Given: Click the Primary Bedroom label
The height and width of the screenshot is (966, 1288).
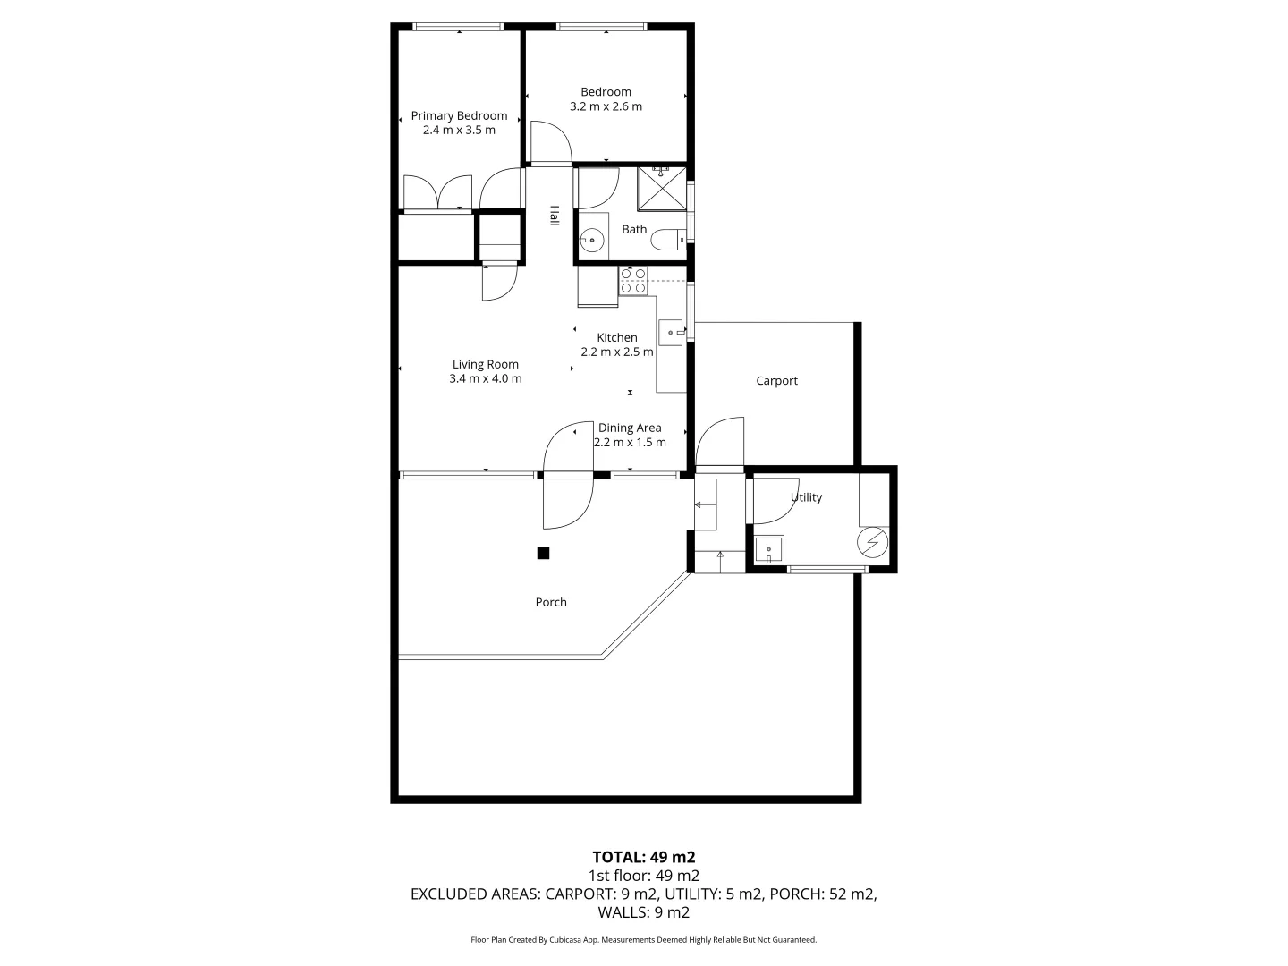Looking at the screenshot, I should coord(459,115).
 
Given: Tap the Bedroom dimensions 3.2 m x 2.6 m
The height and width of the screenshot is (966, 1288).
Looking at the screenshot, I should coord(606,106).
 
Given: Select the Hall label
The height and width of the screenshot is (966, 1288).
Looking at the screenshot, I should coord(555,216).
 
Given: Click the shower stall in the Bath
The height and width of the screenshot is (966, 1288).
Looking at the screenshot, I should coord(661,188).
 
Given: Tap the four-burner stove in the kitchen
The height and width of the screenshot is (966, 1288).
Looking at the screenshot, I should coord(633,281).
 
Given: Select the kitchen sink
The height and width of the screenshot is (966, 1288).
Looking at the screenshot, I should coord(671,332).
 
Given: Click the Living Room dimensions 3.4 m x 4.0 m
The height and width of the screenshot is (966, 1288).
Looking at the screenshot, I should coord(485,378).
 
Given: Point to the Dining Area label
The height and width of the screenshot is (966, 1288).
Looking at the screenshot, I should coord(630,428).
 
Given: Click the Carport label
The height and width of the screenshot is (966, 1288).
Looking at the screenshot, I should coord(776,381).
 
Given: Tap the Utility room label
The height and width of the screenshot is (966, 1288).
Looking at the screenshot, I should coord(806,497).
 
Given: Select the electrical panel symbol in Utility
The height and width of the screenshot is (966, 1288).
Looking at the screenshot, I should coord(871,543).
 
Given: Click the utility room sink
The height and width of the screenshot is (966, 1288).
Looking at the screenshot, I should coord(769,549).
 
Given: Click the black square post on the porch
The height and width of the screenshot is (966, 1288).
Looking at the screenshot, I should coord(543,554).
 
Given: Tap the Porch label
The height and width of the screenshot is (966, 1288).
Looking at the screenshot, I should coord(551,602).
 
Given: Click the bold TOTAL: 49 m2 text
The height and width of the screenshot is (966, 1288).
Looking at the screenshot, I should coord(644,857).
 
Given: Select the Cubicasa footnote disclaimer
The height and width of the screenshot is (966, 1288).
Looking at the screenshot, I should coord(644,940).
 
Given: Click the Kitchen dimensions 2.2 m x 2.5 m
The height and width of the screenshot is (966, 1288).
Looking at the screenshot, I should coord(617,352).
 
